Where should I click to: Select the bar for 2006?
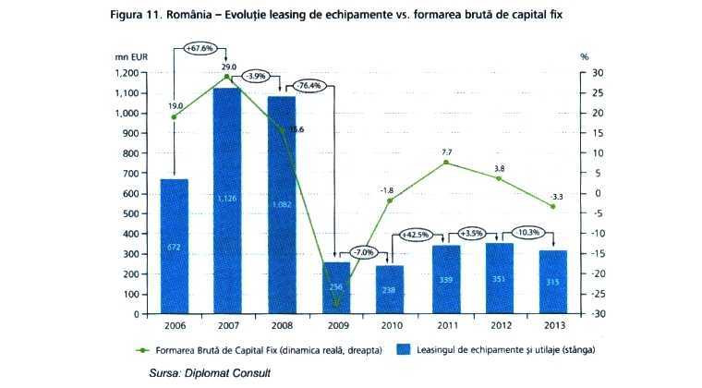click(174, 246)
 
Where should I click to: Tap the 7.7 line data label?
click(446, 151)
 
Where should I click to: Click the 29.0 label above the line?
click(227, 67)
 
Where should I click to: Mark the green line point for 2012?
click(500, 177)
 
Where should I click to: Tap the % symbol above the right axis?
click(584, 56)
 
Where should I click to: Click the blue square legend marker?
click(402, 350)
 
